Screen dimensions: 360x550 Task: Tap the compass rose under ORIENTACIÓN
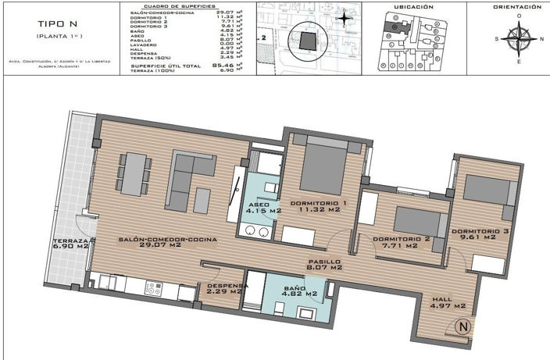518,37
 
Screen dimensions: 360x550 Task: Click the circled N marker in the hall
463,326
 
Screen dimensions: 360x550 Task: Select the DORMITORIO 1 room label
318,207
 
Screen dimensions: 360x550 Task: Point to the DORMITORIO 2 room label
402,241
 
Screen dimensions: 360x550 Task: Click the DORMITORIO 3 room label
484,234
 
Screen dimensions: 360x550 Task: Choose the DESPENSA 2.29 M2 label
227,289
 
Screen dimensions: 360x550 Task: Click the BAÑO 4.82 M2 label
299,290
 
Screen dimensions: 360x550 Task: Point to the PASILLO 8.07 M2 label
323,265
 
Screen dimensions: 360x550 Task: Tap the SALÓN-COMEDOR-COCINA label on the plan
167,242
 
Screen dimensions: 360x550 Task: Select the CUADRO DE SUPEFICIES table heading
180,6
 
